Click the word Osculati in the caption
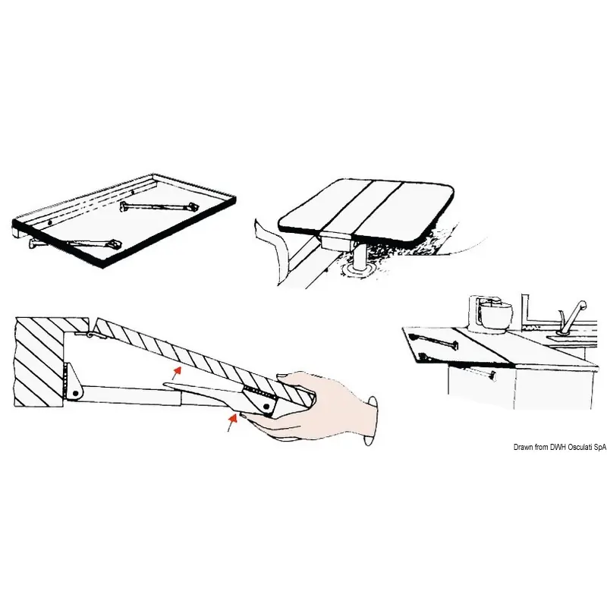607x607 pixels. point(580,447)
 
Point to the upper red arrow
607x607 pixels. point(177,373)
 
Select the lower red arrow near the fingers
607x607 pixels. point(232,423)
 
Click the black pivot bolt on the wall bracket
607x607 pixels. point(76,394)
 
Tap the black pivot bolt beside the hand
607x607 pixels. point(267,406)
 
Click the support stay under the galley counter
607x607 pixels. point(480,373)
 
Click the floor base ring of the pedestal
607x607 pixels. point(357,271)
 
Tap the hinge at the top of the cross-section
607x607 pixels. point(90,334)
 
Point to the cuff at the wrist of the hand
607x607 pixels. point(370,421)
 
